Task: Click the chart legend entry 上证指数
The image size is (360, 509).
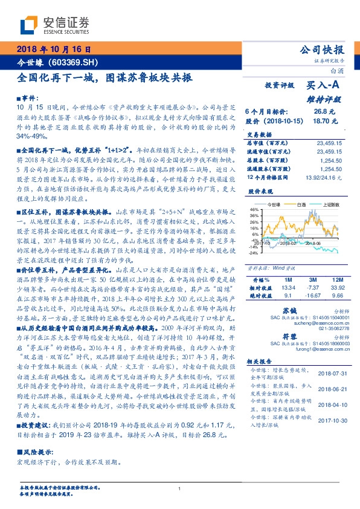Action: point(332,205)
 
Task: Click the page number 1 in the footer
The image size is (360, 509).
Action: point(180,488)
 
